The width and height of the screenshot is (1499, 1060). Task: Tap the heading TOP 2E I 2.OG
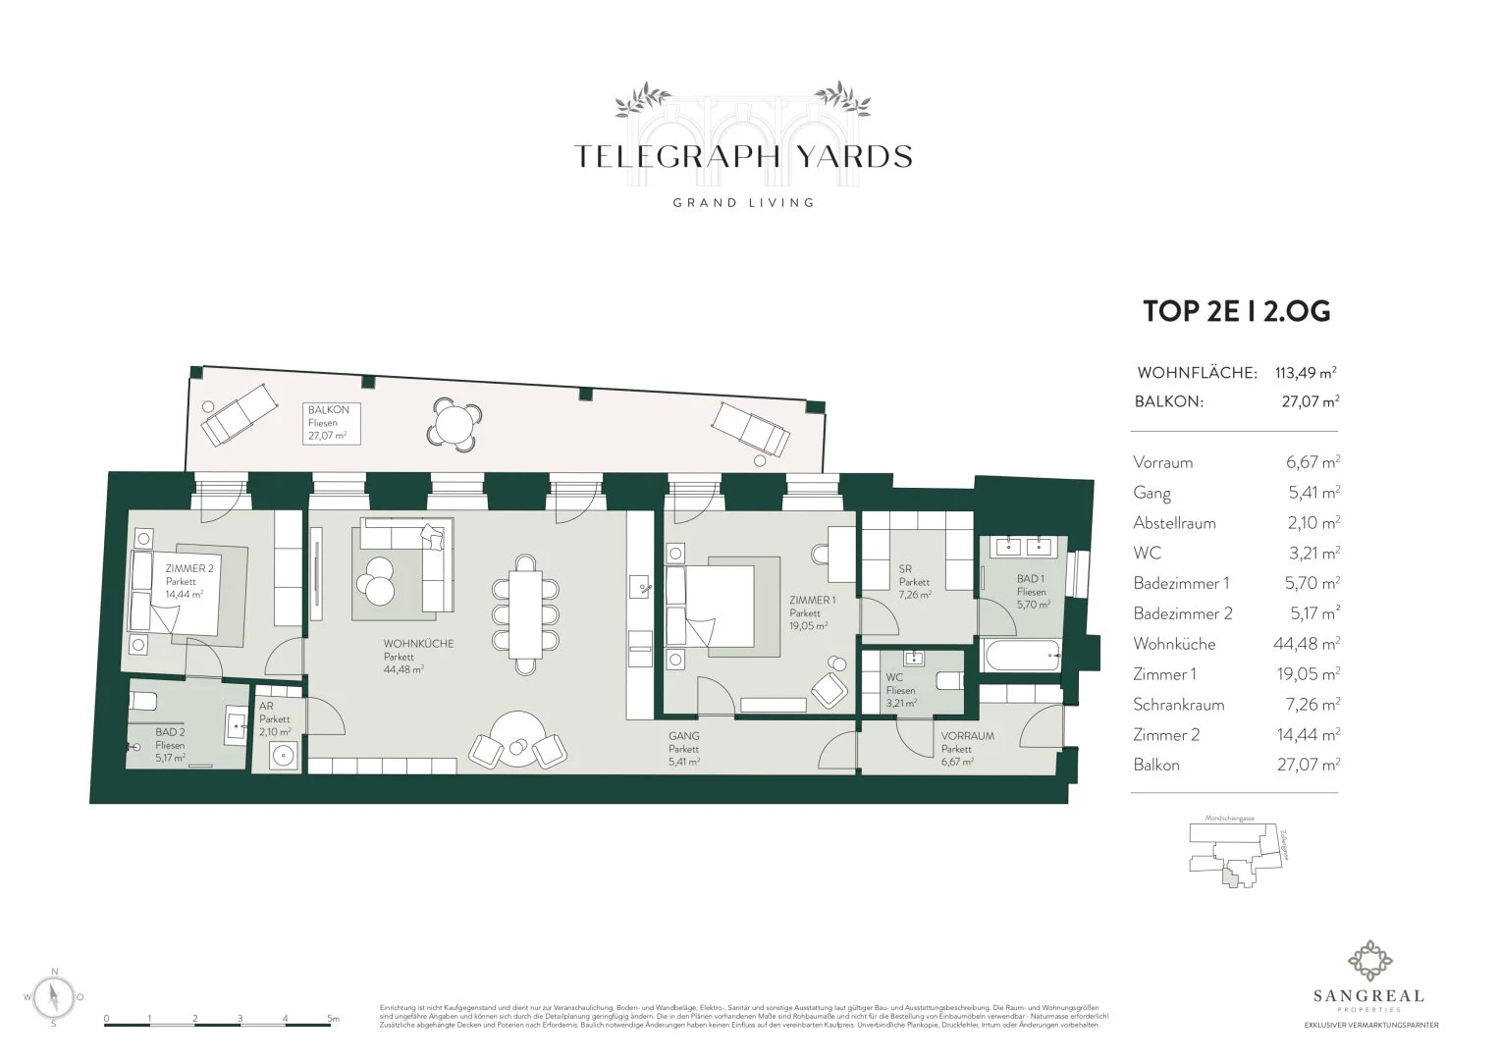[1236, 311]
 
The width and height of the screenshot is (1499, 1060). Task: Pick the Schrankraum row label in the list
[1178, 705]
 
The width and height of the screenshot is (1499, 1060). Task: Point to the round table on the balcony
[454, 424]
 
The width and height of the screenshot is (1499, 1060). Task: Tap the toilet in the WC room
[948, 680]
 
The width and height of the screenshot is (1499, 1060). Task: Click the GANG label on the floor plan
[683, 736]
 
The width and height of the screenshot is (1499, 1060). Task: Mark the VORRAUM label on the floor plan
[967, 736]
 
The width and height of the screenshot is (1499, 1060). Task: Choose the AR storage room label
[265, 707]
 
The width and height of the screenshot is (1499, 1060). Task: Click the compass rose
[55, 997]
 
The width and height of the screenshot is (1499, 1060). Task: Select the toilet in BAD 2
[143, 701]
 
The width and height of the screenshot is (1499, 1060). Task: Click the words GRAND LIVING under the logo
[742, 203]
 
